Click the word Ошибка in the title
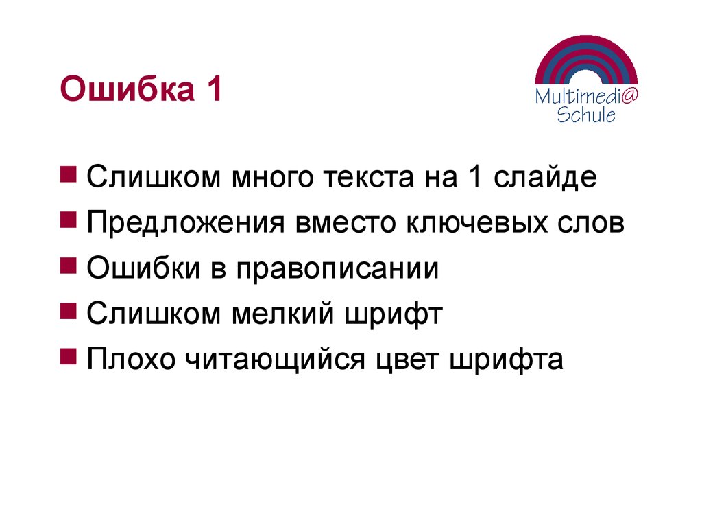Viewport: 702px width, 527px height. pos(124,90)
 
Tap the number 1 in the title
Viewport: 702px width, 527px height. pos(212,90)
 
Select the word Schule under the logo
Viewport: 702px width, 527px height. pos(585,115)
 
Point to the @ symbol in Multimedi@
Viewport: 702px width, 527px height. pos(629,96)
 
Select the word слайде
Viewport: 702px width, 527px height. pos(545,178)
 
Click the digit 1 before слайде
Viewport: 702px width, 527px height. pos(474,178)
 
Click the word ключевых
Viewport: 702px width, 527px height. pos(476,224)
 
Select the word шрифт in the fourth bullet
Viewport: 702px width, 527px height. pos(398,315)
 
